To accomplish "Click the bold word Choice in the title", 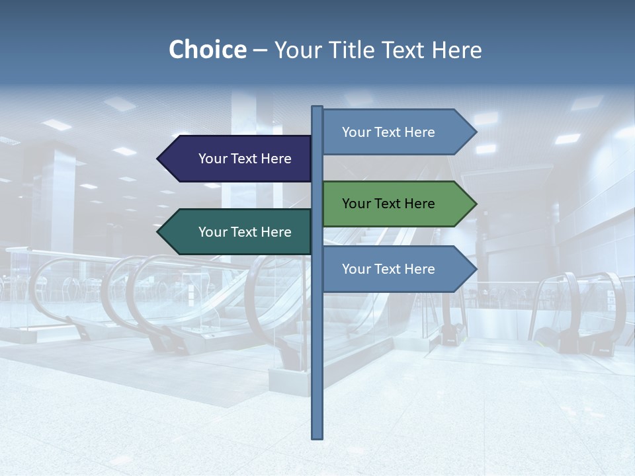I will click(207, 50).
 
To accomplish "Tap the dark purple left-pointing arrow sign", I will click(238, 159).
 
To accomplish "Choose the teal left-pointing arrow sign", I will click(238, 232).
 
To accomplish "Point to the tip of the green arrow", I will click(475, 204).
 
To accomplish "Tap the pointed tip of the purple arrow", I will click(159, 159).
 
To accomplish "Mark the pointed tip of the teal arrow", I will click(159, 232).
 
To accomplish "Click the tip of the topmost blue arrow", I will click(475, 132).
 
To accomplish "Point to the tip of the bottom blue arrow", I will click(475, 269).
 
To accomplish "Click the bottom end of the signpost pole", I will click(317, 436).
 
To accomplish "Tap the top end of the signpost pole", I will click(317, 108).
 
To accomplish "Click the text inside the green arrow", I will click(388, 204).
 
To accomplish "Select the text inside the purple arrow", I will click(245, 159).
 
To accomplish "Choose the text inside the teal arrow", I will click(245, 232).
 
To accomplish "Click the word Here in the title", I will click(457, 50).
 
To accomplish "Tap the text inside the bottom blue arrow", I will click(388, 269).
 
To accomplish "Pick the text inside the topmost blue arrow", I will click(388, 132).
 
